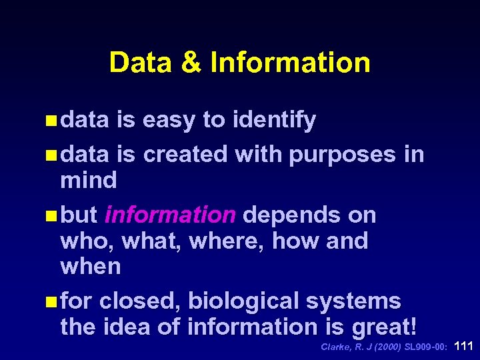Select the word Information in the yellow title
click(x=290, y=63)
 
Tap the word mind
click(x=88, y=180)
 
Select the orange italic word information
click(x=170, y=215)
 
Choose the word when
click(x=90, y=267)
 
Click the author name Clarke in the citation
click(x=335, y=347)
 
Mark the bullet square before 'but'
click(x=52, y=215)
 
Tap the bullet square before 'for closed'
click(x=52, y=302)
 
